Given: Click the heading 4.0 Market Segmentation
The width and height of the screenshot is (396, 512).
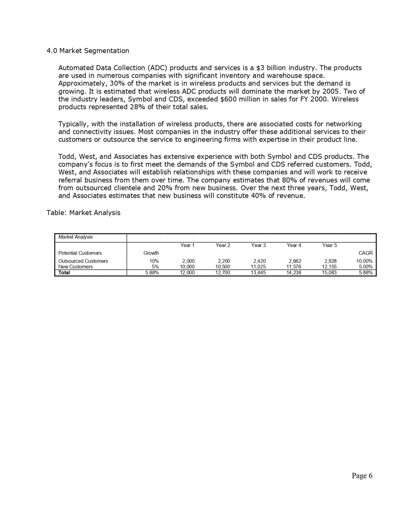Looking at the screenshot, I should pyautogui.click(x=88, y=51).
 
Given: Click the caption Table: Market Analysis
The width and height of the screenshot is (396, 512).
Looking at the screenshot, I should pyautogui.click(x=83, y=213).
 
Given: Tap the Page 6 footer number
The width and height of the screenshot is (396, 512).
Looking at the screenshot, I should pyautogui.click(x=362, y=476).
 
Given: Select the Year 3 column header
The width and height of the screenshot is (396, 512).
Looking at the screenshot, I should pyautogui.click(x=258, y=245).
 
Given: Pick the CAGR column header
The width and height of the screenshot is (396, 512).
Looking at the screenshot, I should pyautogui.click(x=365, y=253).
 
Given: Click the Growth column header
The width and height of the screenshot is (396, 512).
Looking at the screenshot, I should pyautogui.click(x=151, y=253).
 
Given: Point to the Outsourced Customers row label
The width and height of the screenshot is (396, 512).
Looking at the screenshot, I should pyautogui.click(x=83, y=261).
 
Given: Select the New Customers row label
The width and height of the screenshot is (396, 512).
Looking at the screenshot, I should pyautogui.click(x=75, y=267).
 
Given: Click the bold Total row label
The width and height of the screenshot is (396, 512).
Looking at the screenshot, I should pyautogui.click(x=64, y=273).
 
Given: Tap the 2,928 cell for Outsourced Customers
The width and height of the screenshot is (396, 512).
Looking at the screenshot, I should pyautogui.click(x=330, y=261).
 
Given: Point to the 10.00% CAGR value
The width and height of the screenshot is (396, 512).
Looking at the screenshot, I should pyautogui.click(x=364, y=261).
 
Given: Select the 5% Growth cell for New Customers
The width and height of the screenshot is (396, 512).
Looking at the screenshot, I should pyautogui.click(x=155, y=267).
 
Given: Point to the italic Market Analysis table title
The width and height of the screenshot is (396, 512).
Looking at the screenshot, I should pyautogui.click(x=75, y=237).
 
